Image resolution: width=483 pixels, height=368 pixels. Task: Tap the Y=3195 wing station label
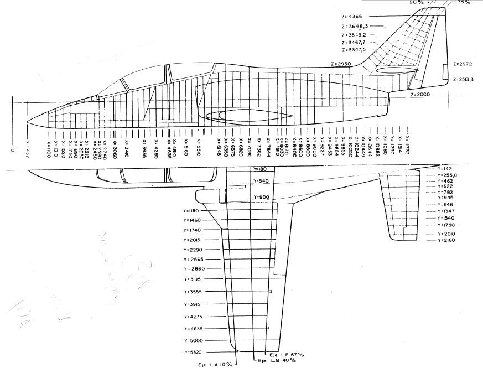coord(194,279)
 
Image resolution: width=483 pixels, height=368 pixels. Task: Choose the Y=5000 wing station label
coord(194,340)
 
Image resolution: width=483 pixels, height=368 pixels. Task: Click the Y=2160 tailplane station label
coord(446,241)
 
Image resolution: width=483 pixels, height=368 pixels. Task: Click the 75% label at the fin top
coord(464,3)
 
